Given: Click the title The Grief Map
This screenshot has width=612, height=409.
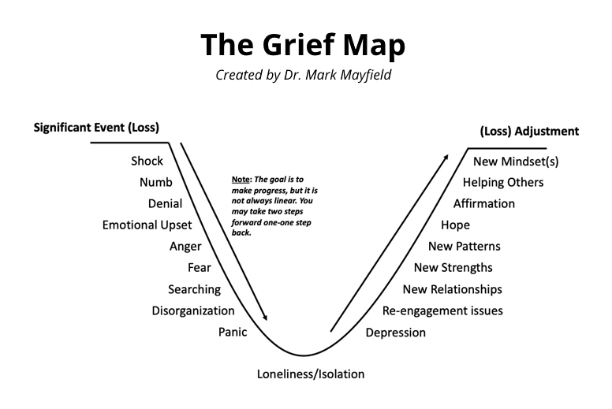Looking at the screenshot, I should pos(303,45).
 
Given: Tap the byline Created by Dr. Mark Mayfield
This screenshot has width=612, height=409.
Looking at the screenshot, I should pos(303,76).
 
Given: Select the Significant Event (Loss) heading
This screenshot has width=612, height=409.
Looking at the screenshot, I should pos(102,127).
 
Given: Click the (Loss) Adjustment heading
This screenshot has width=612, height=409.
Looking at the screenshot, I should pos(529,131).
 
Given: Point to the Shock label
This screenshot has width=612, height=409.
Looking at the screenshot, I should pos(147,161).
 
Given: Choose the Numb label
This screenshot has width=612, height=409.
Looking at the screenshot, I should pos(155,182).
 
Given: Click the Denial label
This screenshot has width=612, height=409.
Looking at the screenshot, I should pos(165,204).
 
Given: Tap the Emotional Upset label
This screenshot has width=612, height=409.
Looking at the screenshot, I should pos(147,225).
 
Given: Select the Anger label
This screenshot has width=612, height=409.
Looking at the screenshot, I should pos(185,247).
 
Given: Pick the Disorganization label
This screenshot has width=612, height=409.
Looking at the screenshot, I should pos(193,310).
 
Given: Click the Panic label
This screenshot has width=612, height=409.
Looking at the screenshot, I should pos(233,332).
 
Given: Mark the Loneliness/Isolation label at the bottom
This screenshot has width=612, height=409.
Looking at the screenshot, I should pos(311,374).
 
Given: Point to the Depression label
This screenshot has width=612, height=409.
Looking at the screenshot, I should pos(396,333).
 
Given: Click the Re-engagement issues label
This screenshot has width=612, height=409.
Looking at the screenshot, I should pos(442,310).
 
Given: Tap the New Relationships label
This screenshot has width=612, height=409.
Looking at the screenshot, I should pos(452,289).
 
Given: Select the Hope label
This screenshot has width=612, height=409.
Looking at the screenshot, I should pos(455,225).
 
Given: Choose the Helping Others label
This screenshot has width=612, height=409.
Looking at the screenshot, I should pos(503,183).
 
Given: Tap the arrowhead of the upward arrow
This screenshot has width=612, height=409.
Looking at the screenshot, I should pos(446,158).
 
